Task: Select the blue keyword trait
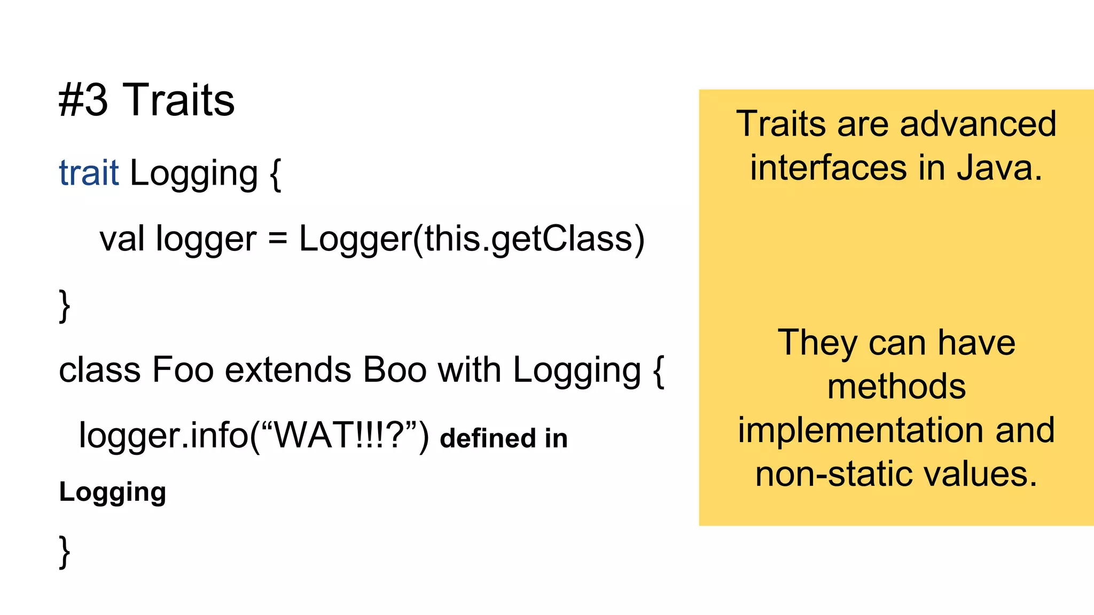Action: click(x=89, y=173)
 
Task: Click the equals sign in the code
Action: click(x=277, y=239)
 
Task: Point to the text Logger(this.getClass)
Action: click(x=472, y=239)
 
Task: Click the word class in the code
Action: click(x=100, y=369)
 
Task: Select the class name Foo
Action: click(x=183, y=369)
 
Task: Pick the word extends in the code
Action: click(x=288, y=369)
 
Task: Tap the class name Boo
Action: click(x=395, y=369)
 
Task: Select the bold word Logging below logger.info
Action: click(x=113, y=492)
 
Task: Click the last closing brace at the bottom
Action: click(x=64, y=552)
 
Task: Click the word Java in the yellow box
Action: click(x=999, y=168)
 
